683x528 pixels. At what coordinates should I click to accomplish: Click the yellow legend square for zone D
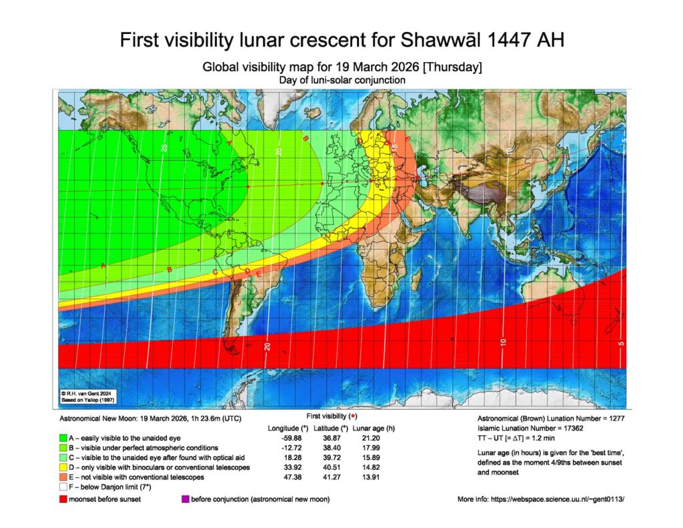pos(61,468)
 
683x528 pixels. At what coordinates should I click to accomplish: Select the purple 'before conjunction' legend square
pos(185,499)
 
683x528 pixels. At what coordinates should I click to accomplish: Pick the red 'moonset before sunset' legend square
pos(61,499)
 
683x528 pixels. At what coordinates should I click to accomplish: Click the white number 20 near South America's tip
pos(267,345)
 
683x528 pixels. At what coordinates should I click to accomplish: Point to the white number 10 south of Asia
pos(504,342)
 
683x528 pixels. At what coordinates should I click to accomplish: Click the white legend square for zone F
pos(61,489)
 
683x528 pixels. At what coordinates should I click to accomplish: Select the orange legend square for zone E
pos(61,478)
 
